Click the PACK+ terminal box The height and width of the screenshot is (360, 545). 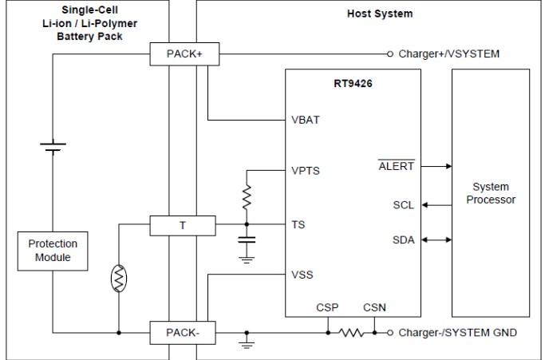click(184, 54)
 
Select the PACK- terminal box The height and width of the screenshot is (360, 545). click(183, 333)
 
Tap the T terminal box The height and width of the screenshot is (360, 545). click(183, 226)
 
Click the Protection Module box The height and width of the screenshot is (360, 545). click(53, 251)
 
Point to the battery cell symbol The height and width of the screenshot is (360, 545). click(53, 147)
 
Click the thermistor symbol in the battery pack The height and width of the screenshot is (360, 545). click(119, 279)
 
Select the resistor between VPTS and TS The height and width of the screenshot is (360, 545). click(247, 198)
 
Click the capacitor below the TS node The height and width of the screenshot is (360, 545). click(247, 239)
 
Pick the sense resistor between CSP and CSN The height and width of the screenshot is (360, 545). click(351, 333)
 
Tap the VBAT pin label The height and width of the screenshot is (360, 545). click(306, 120)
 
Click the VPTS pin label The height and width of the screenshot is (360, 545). click(306, 171)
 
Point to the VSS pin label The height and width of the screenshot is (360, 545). click(302, 275)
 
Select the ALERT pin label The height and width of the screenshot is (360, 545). click(397, 165)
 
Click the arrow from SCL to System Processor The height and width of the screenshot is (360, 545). click(437, 205)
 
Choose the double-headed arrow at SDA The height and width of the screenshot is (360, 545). click(437, 240)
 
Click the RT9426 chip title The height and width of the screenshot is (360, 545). click(353, 84)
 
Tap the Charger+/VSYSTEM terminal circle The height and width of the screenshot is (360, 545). click(390, 54)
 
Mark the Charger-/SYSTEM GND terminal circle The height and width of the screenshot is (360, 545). click(390, 333)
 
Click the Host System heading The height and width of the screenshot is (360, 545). click(380, 14)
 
